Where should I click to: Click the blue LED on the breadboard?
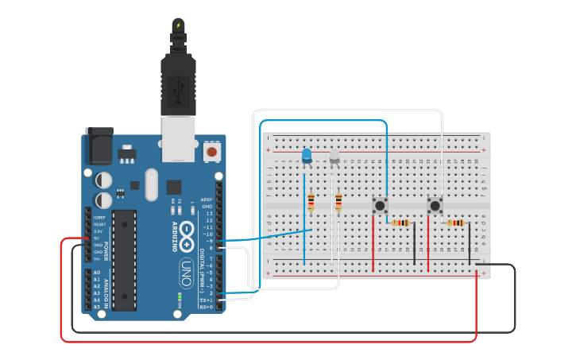pos(307,156)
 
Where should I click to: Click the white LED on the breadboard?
pos(334,157)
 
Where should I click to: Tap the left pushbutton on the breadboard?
pos(381,205)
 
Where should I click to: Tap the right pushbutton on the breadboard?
pos(435,206)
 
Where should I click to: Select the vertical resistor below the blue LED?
pos(311,203)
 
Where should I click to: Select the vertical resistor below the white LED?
pos(339,202)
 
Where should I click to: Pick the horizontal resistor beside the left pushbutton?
pos(400,223)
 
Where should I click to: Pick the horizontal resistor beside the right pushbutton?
pos(455,223)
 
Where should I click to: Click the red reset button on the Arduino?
pos(212,150)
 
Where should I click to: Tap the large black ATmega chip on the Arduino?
pos(124,259)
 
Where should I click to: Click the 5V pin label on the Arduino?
pos(97,238)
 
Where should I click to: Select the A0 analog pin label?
pos(97,273)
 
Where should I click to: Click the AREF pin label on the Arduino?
pos(207,199)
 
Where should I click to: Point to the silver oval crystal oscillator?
pos(152,184)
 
